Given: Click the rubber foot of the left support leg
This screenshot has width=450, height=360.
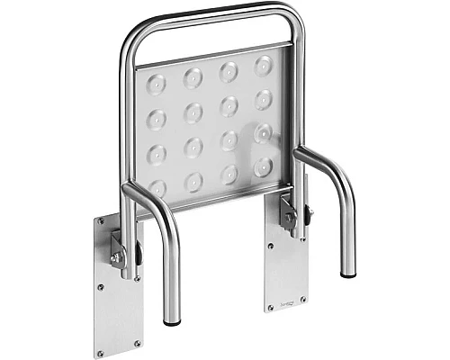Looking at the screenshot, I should [171, 321].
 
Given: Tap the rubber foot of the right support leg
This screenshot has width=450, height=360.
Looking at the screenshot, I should [347, 272].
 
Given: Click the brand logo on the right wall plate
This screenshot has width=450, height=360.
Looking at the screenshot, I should [289, 294].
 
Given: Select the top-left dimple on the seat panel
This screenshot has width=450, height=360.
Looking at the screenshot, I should [157, 85].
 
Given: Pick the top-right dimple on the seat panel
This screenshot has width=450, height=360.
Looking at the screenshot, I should [264, 65].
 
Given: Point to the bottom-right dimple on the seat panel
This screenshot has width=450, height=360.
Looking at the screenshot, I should [263, 166].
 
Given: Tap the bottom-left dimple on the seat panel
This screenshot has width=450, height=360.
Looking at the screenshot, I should [158, 188].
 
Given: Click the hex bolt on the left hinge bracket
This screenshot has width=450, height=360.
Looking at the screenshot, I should [117, 257].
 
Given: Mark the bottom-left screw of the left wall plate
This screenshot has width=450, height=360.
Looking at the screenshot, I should [101, 353].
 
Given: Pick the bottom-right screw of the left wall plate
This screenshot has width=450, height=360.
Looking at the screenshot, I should [136, 342].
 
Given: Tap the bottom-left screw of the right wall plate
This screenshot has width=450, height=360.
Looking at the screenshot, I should [271, 308].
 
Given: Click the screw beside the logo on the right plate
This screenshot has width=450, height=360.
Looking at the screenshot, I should [302, 298].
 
